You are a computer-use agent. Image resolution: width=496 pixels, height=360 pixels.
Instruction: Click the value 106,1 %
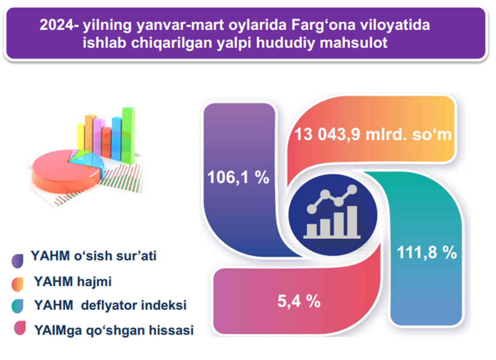(238, 177)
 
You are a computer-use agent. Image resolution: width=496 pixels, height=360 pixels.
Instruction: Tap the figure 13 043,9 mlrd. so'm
(373, 134)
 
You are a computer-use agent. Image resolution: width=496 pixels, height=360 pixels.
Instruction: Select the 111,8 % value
(427, 253)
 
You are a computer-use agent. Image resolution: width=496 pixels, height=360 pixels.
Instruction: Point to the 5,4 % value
(299, 301)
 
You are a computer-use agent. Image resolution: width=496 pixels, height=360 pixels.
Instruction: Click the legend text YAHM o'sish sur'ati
(94, 256)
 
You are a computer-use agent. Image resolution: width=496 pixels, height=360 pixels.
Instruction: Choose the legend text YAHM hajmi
(73, 282)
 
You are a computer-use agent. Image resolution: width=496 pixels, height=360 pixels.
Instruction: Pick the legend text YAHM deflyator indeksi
(110, 306)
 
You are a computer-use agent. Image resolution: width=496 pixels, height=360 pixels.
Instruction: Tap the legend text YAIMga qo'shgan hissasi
(114, 330)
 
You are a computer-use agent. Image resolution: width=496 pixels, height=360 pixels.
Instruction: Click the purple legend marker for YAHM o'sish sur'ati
(17, 261)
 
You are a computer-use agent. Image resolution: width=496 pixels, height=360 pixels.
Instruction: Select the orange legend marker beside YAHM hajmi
(17, 284)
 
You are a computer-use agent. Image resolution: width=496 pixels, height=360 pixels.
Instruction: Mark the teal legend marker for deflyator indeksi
(17, 306)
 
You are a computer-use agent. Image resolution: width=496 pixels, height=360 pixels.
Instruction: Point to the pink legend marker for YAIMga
(19, 328)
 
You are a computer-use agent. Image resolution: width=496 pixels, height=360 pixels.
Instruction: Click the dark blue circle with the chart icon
(333, 215)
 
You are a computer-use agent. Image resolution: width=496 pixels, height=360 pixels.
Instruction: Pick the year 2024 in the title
(57, 25)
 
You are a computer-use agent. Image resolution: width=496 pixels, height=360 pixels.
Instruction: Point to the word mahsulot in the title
(354, 43)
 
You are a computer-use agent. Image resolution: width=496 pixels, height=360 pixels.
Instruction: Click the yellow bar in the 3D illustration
(81, 137)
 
